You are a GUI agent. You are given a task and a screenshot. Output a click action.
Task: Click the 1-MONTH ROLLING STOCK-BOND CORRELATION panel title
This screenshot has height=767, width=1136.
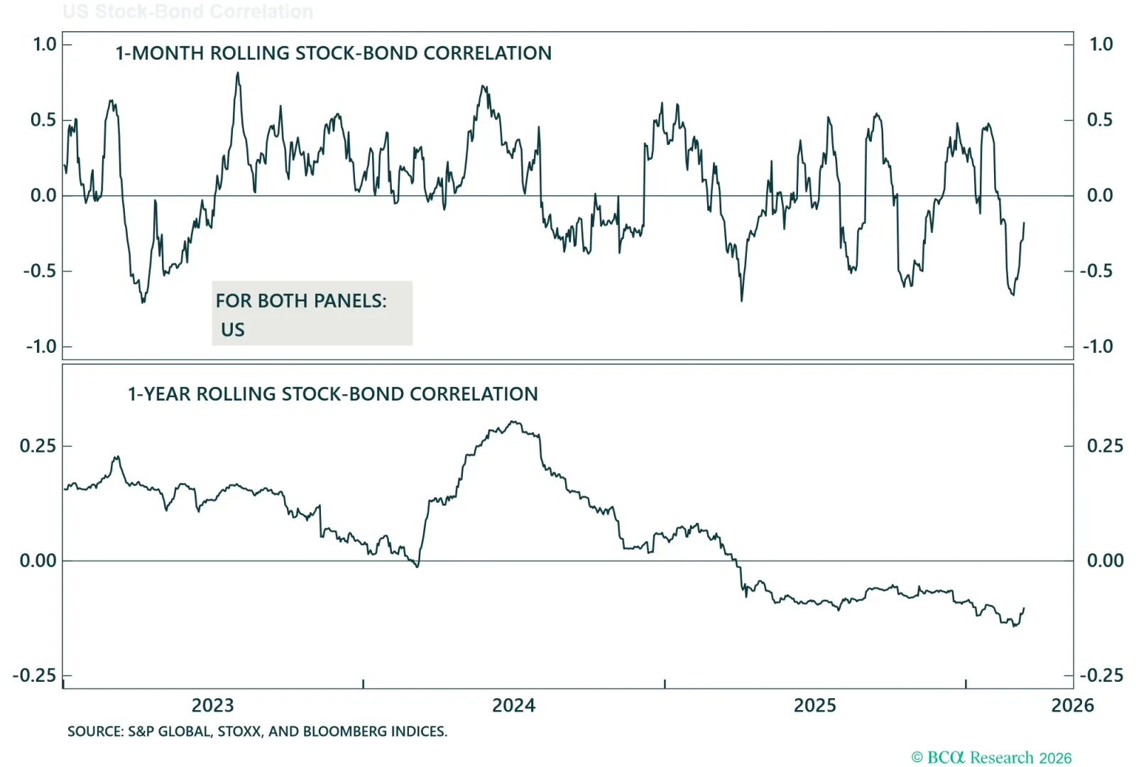(x=333, y=53)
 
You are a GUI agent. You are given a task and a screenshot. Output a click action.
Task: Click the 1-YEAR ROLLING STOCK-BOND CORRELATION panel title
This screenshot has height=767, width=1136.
(x=332, y=394)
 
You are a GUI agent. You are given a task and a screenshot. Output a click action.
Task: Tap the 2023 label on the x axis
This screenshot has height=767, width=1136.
(x=212, y=705)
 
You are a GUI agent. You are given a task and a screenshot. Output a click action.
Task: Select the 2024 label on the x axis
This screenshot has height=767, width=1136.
(x=513, y=705)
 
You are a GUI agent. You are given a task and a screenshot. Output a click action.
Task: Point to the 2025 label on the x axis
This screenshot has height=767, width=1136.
(x=814, y=705)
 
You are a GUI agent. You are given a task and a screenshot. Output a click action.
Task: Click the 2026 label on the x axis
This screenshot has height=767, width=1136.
(x=1072, y=705)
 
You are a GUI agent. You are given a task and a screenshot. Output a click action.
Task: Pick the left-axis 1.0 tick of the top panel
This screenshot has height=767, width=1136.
(x=44, y=45)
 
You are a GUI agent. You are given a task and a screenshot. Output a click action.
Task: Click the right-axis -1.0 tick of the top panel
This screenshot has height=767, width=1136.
(x=1097, y=347)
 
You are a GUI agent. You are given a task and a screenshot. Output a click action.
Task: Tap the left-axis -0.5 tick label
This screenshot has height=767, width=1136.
(x=40, y=271)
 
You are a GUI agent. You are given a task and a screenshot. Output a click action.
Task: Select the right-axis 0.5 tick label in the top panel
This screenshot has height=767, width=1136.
(x=1100, y=120)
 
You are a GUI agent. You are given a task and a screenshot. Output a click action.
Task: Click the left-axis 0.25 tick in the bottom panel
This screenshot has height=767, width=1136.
(x=38, y=446)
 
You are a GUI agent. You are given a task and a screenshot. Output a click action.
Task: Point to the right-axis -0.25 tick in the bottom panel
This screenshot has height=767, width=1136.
(x=1101, y=675)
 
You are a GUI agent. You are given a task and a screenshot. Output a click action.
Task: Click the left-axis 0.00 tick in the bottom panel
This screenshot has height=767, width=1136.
(x=38, y=561)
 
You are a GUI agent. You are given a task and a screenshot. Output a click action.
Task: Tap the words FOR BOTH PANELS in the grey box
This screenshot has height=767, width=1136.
(x=301, y=301)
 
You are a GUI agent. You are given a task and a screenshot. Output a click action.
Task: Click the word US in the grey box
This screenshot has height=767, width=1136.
(x=232, y=330)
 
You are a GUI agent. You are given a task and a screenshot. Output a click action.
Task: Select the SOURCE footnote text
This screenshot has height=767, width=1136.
(x=257, y=731)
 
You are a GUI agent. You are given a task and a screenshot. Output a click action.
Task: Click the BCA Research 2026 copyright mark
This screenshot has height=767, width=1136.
(x=991, y=758)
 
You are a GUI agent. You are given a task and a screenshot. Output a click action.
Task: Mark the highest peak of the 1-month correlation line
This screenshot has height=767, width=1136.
(x=238, y=73)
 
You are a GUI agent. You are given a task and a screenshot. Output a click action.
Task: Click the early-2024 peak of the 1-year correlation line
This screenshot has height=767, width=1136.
(x=514, y=423)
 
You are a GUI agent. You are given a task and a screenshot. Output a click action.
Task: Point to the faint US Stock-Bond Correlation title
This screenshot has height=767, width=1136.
(x=187, y=12)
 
